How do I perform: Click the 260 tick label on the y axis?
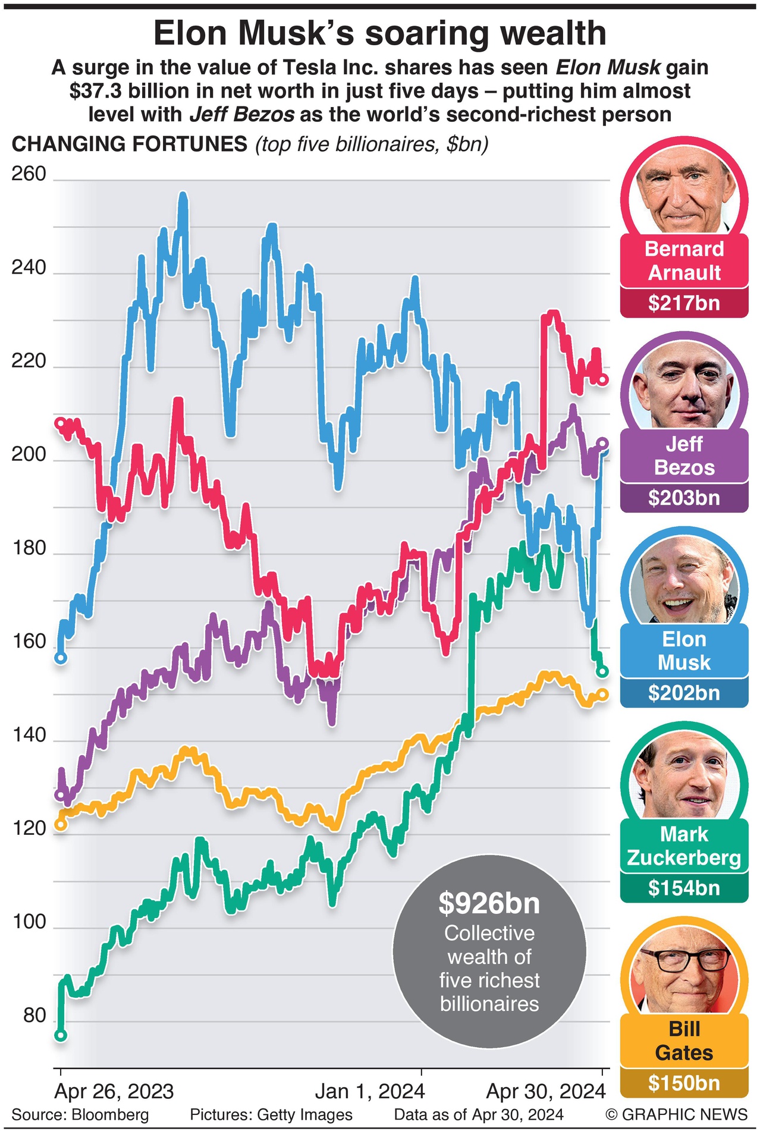coord(29,174)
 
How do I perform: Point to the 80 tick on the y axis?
coord(34,1015)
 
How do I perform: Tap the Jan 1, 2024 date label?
coord(369,1091)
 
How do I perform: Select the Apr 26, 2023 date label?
coord(114,1091)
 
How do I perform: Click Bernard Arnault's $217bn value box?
coord(684,303)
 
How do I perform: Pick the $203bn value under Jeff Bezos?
coord(684,498)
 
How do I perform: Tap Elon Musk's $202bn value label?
coord(684,693)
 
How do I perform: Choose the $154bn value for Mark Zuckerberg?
coord(684,888)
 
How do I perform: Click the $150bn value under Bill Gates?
coord(684,1083)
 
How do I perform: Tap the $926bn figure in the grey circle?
coord(489,903)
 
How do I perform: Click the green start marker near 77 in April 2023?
coord(60,1035)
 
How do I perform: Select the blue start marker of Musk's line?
coord(60,658)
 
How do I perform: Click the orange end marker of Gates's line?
coord(603,694)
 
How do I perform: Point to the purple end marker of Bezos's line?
coord(602,443)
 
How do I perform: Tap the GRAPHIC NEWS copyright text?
coord(676,1114)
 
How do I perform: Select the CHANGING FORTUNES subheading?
coord(130,144)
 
